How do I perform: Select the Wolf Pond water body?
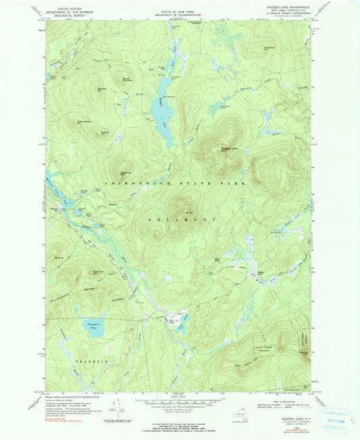coord(177,319)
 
